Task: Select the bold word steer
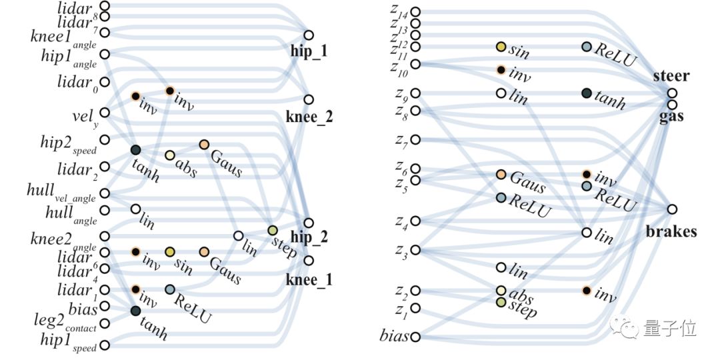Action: coord(671,76)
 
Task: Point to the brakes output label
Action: coord(671,231)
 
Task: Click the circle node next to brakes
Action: coord(672,209)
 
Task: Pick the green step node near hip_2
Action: coord(273,231)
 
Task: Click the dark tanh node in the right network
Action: coord(587,93)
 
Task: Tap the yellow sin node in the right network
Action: coord(501,47)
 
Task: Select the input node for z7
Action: coord(415,139)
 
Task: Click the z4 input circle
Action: coord(415,221)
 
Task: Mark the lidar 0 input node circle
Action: coord(105,81)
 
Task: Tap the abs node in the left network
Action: coord(170,155)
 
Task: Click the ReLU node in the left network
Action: coord(170,289)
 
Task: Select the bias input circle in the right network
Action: coord(415,337)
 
